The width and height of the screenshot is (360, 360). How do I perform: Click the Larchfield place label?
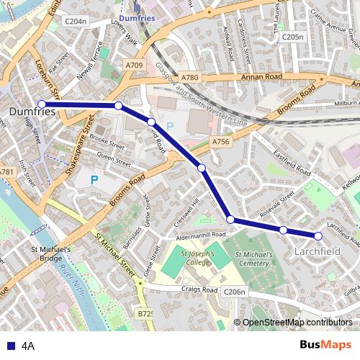tap(318, 251)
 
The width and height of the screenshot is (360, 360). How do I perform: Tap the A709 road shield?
tap(134, 65)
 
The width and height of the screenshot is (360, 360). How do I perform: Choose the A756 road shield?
tap(220, 143)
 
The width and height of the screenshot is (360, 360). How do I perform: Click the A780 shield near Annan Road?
tap(190, 77)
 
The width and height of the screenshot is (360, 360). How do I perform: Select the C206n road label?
tap(235, 292)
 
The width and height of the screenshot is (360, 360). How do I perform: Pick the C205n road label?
tap(292, 36)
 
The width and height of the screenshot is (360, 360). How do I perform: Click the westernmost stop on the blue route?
tap(42, 104)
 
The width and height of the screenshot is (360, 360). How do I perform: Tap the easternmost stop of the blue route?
tap(318, 235)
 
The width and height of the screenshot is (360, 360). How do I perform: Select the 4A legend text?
tap(28, 345)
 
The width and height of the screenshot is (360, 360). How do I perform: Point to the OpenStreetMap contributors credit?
tap(296, 322)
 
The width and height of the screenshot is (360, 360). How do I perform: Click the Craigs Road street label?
tap(200, 289)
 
